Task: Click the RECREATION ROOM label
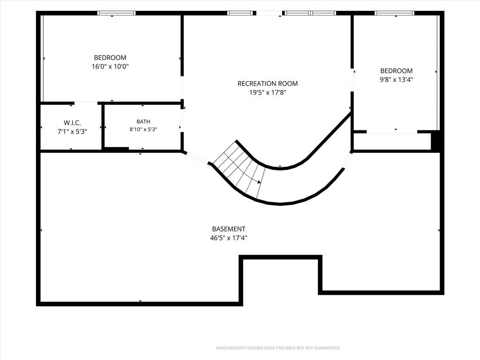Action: (x=268, y=83)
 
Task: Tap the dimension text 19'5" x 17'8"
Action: (x=268, y=92)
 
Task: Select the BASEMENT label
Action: (x=229, y=229)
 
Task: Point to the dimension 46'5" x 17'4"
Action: (x=229, y=238)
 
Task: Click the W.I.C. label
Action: (x=72, y=123)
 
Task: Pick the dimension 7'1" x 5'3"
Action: (x=72, y=132)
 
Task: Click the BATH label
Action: (x=143, y=121)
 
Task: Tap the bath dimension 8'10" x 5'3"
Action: (x=143, y=129)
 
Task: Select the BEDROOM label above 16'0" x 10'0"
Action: (x=110, y=58)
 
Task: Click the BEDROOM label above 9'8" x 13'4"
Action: (x=397, y=71)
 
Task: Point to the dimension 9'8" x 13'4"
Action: (x=397, y=80)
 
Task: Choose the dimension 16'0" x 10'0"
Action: (x=110, y=67)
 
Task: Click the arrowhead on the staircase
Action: (x=259, y=182)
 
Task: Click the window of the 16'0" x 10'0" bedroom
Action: (x=116, y=13)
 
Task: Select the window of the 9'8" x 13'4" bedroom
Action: (x=395, y=13)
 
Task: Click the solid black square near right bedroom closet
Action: (x=435, y=141)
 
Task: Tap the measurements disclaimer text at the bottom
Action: (x=278, y=348)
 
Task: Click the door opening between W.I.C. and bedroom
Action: (x=86, y=103)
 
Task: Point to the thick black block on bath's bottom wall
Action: (x=117, y=149)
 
